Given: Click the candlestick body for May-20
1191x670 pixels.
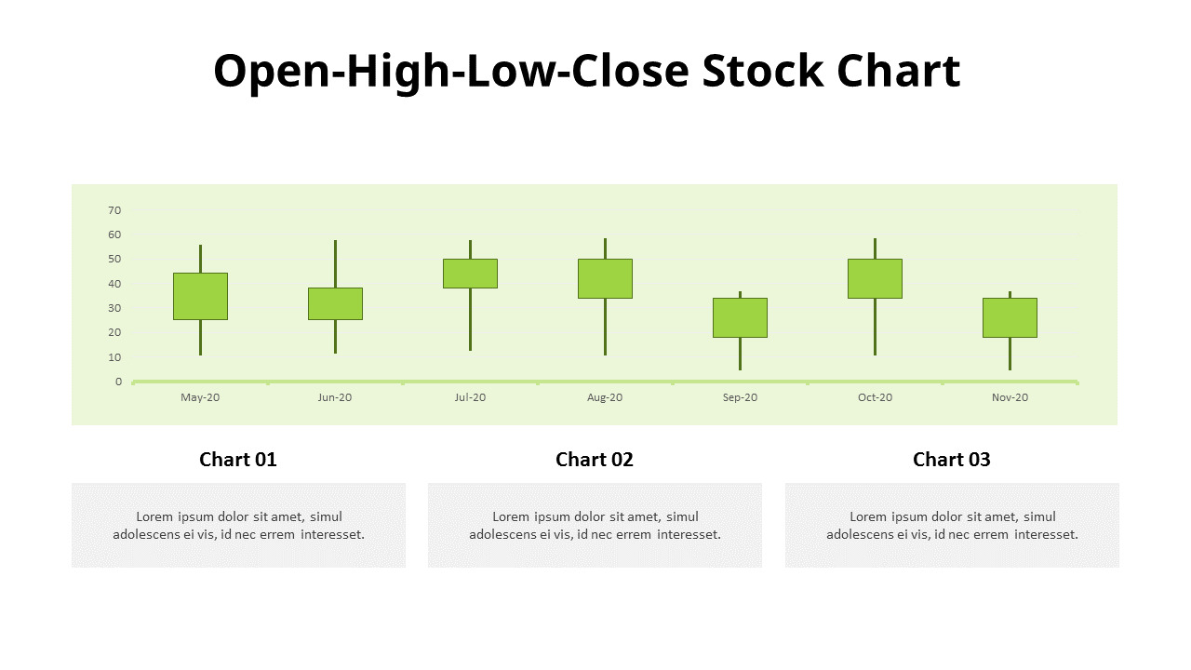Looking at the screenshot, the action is coord(200,296).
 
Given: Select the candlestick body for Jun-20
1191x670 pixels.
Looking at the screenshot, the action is coord(336,303).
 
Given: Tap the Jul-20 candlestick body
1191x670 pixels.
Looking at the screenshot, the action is coord(471,274).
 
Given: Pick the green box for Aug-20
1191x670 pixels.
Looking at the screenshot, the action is coord(605,278).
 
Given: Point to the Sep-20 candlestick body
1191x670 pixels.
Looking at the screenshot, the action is coord(740,317).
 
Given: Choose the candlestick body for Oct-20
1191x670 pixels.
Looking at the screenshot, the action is coord(876,278).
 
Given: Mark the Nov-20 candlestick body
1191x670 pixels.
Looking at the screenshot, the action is coord(1010,317).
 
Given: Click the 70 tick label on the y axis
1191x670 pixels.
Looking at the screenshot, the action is coord(114,210).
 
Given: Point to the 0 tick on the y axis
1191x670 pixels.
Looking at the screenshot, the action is coord(118,382).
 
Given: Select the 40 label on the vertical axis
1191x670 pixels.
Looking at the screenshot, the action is coord(114,284).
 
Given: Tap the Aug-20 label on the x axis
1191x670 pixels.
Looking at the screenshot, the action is coord(605,397).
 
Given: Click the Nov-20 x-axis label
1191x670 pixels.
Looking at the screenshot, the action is coord(1010,397).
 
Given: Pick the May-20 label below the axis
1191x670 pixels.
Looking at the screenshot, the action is coord(200,397).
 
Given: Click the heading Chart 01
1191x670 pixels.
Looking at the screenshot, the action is coord(238,460).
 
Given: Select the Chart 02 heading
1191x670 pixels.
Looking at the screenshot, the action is coord(595,460).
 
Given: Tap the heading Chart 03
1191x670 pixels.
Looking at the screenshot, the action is coord(952,460).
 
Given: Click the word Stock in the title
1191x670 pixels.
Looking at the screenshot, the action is coord(763,71).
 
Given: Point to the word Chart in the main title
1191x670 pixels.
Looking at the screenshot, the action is coord(899,71).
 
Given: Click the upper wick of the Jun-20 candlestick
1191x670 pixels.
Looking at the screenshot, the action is coord(336,263).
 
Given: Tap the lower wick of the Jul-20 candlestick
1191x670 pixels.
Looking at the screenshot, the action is coord(471,319).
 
